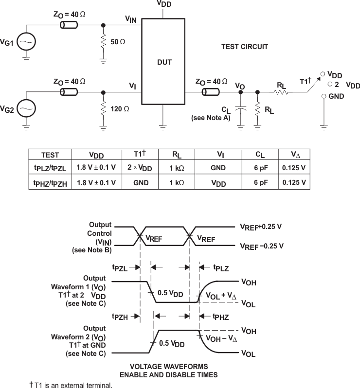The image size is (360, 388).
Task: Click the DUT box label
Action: [x=164, y=63]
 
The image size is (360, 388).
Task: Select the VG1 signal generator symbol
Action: [x=26, y=43]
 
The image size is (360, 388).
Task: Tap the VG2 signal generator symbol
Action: [x=26, y=109]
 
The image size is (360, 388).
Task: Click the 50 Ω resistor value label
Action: [x=118, y=42]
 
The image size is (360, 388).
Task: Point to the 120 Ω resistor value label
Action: [x=120, y=109]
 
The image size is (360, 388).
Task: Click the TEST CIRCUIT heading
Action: [x=245, y=47]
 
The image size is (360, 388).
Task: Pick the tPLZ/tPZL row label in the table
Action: [x=50, y=168]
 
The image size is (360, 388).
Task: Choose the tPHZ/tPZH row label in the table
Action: [x=50, y=183]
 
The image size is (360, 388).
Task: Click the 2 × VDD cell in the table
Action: [x=139, y=168]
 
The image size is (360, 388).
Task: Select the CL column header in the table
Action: [x=260, y=155]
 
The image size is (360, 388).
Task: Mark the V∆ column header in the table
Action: [x=294, y=155]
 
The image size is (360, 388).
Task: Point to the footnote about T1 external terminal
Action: [x=71, y=385]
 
